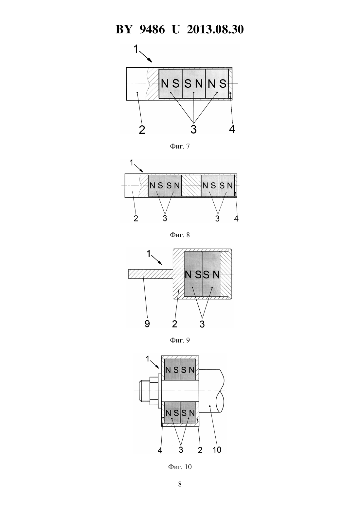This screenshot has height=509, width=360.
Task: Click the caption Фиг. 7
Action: point(180,146)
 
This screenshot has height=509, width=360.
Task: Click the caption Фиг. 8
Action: point(180,235)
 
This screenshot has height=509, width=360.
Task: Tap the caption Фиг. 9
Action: point(180,340)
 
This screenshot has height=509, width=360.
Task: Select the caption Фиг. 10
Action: point(180,467)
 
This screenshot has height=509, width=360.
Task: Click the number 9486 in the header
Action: point(152,29)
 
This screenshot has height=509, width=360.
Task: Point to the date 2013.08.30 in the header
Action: point(215,29)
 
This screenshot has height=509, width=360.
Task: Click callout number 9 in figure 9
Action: point(147,324)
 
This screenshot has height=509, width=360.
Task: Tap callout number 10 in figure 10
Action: point(217,454)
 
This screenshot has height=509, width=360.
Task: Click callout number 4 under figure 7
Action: point(232,129)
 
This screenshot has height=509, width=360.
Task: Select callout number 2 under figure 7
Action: point(142,130)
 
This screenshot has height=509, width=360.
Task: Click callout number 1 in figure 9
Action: point(149,254)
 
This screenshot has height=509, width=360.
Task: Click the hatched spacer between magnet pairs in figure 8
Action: point(191,186)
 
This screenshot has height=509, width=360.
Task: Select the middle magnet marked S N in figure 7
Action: point(194,84)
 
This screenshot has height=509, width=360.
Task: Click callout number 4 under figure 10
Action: point(160,454)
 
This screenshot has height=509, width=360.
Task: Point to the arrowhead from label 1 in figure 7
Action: point(151,61)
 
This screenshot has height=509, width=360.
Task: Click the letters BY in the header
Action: point(124,29)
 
